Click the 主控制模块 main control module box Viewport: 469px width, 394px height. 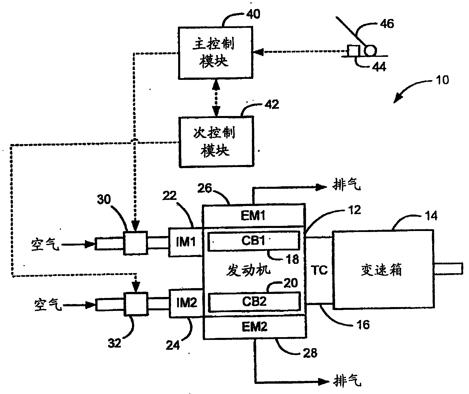point(215,53)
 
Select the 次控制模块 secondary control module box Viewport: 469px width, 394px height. point(215,142)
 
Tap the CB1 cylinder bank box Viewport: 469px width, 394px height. point(253,241)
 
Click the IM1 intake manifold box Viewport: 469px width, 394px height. point(186,242)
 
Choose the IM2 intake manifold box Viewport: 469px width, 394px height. point(186,303)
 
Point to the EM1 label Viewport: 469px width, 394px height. point(253,216)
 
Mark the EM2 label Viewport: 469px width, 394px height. point(254,327)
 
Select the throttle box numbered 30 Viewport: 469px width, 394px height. point(135,242)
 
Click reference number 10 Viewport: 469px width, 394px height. point(442,80)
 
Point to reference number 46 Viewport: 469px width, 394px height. point(387,24)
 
